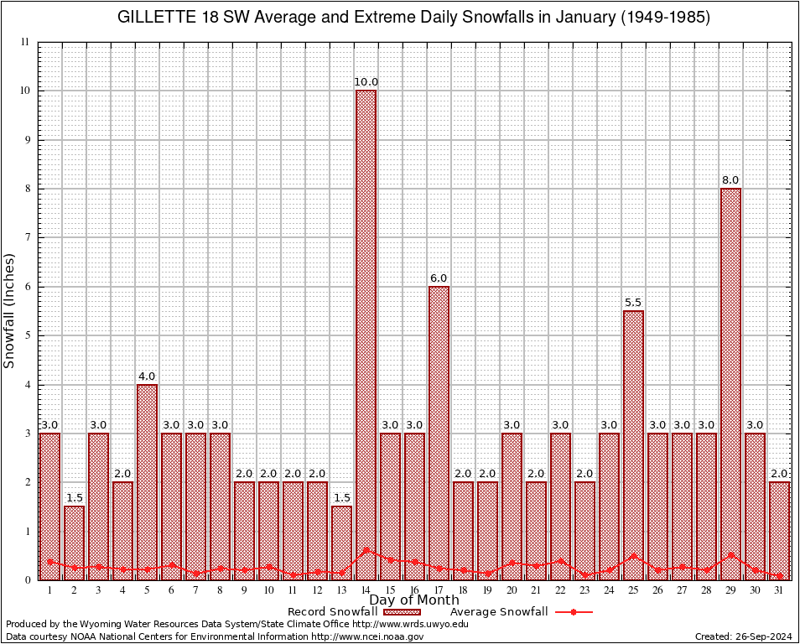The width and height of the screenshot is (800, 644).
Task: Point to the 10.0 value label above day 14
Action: coord(366,82)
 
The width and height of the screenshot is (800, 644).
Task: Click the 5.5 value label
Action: coord(633,303)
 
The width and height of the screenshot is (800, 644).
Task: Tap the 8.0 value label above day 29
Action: coord(730,180)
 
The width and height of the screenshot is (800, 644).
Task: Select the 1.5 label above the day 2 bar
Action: coord(74,498)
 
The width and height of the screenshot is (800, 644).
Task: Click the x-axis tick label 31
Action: coord(779,590)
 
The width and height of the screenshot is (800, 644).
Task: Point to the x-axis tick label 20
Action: coord(512,590)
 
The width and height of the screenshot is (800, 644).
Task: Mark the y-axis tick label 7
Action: coord(26,238)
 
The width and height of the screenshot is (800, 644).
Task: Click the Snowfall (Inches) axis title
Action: coord(10,310)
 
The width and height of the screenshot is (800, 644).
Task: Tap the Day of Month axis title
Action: coord(414,600)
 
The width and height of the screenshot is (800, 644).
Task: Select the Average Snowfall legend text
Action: coord(499,612)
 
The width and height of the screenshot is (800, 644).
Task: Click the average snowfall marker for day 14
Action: coord(366,550)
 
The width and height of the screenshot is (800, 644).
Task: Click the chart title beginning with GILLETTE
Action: coord(413,17)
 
